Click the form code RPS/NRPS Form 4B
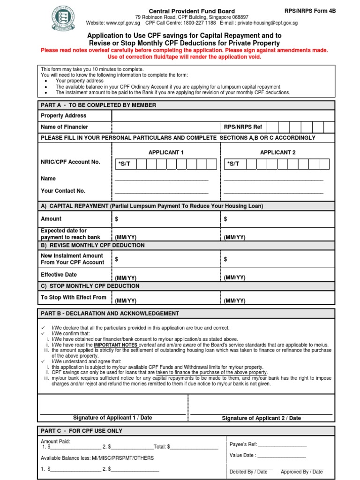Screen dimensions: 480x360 pyautogui.click(x=310, y=11)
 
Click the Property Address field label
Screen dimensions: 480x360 pyautogui.click(x=64, y=116)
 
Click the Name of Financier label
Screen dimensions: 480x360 pyautogui.click(x=64, y=127)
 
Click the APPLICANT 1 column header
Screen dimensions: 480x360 pyautogui.click(x=166, y=152)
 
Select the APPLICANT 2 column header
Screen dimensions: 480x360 pyautogui.click(x=277, y=152)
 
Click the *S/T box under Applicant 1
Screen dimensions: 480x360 pyautogui.click(x=124, y=164)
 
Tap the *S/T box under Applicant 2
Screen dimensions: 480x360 pyautogui.click(x=233, y=164)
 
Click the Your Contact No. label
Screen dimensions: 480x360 pyautogui.click(x=63, y=191)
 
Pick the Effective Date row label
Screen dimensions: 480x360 pyautogui.click(x=59, y=275)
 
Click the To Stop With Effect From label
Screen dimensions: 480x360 pyautogui.click(x=74, y=297)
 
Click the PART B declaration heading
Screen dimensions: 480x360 pyautogui.click(x=110, y=313)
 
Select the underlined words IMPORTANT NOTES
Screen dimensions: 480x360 pyautogui.click(x=114, y=345)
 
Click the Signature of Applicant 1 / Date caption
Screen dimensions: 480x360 pyautogui.click(x=112, y=418)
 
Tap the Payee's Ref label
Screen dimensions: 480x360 pyautogui.click(x=243, y=444)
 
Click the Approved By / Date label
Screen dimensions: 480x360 pyautogui.click(x=301, y=472)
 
